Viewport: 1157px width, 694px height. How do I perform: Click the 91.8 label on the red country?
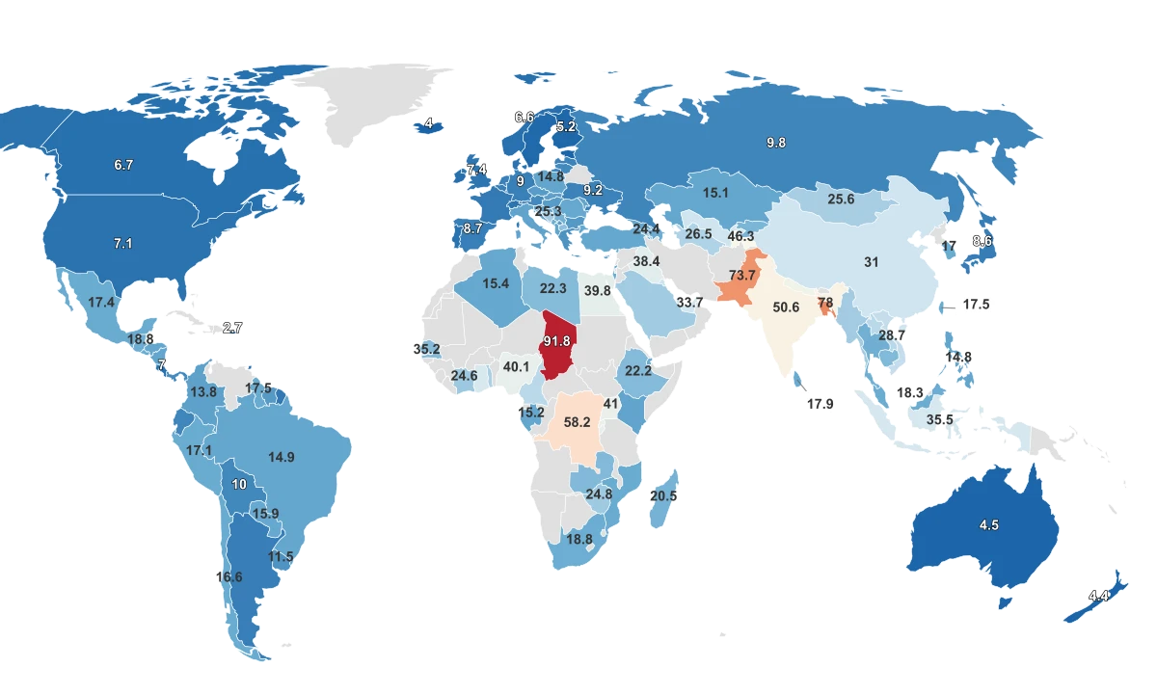click(558, 342)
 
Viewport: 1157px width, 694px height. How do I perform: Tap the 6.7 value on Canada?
click(123, 166)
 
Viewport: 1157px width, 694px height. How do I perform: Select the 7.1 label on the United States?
click(122, 244)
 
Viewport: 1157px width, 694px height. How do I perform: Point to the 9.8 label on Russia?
click(776, 143)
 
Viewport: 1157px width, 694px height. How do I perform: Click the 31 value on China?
click(872, 261)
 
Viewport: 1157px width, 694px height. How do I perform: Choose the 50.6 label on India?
click(787, 307)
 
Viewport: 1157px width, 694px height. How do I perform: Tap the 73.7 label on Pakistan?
click(741, 277)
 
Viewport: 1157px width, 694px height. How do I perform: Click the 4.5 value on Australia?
click(989, 525)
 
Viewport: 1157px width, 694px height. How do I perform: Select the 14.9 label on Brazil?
click(282, 458)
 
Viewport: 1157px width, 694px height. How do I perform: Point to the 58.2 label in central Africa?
click(578, 422)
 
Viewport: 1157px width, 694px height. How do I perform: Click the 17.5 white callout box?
click(976, 304)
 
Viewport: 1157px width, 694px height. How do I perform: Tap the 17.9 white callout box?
click(820, 404)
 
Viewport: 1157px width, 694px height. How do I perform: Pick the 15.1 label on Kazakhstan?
click(715, 193)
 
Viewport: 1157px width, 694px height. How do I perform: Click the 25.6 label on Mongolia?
click(841, 200)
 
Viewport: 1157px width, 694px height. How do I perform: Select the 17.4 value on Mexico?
click(102, 303)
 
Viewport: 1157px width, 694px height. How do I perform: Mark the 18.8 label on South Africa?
click(579, 540)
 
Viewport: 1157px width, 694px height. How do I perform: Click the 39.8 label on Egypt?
click(597, 291)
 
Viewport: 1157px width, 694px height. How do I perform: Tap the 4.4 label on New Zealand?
click(1098, 597)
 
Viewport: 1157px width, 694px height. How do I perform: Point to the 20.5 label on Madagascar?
click(663, 495)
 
